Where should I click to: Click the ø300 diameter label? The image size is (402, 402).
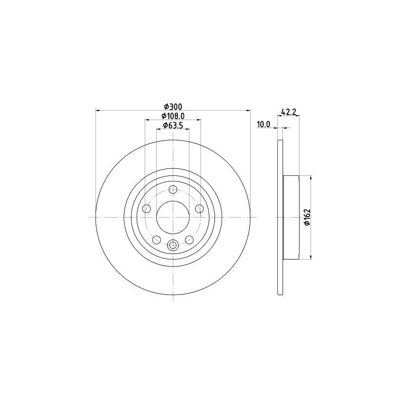[x=173, y=107]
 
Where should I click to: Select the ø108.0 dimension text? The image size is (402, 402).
[x=173, y=116]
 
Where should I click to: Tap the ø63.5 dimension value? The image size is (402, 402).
[x=173, y=125]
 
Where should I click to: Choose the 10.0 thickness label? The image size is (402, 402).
[x=263, y=124]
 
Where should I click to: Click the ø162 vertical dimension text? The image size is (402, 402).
[x=307, y=217]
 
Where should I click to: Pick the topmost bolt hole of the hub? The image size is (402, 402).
[x=173, y=190]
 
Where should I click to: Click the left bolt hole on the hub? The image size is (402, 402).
[x=146, y=209]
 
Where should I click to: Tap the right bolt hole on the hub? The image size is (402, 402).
[x=199, y=209]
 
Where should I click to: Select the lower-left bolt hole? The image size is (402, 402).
[x=156, y=240]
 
